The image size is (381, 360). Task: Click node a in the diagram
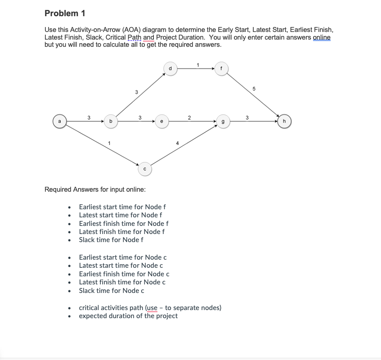[x=59, y=121]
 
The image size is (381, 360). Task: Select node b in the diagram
[x=110, y=121]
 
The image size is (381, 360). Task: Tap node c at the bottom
[x=144, y=169]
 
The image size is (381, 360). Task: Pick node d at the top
[x=170, y=69]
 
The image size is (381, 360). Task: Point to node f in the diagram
[x=221, y=69]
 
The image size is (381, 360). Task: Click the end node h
[x=284, y=121]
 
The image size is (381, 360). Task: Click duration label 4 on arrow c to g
[x=177, y=144]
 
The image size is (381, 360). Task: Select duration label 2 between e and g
[x=189, y=117]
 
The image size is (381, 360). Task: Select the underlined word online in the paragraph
[x=321, y=37]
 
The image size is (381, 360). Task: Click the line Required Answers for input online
[x=95, y=189]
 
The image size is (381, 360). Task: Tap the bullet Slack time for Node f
[x=111, y=240]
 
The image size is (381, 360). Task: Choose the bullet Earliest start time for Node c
[x=123, y=257]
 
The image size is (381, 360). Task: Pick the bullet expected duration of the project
[x=128, y=316]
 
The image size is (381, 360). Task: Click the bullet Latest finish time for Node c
[x=122, y=282]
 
